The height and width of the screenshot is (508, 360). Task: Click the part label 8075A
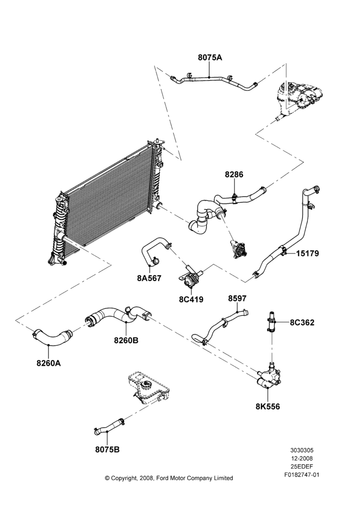tap(210, 58)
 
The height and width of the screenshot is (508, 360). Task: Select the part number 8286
tap(234, 175)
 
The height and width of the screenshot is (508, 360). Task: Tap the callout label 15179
tap(308, 253)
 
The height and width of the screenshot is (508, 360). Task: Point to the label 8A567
tap(149, 278)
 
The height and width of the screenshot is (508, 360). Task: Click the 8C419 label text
tap(191, 299)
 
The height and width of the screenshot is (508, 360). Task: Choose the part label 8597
tap(237, 298)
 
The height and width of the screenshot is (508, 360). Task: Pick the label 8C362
tap(302, 323)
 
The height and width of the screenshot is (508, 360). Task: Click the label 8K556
tap(267, 406)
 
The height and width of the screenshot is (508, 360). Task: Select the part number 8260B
tap(126, 340)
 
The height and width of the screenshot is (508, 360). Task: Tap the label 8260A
tap(49, 363)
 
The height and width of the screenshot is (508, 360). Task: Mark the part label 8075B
tap(107, 450)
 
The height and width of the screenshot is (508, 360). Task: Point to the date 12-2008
tap(302, 458)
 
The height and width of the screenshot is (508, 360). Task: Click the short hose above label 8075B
tap(109, 426)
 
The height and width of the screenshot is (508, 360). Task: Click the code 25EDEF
tap(302, 467)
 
